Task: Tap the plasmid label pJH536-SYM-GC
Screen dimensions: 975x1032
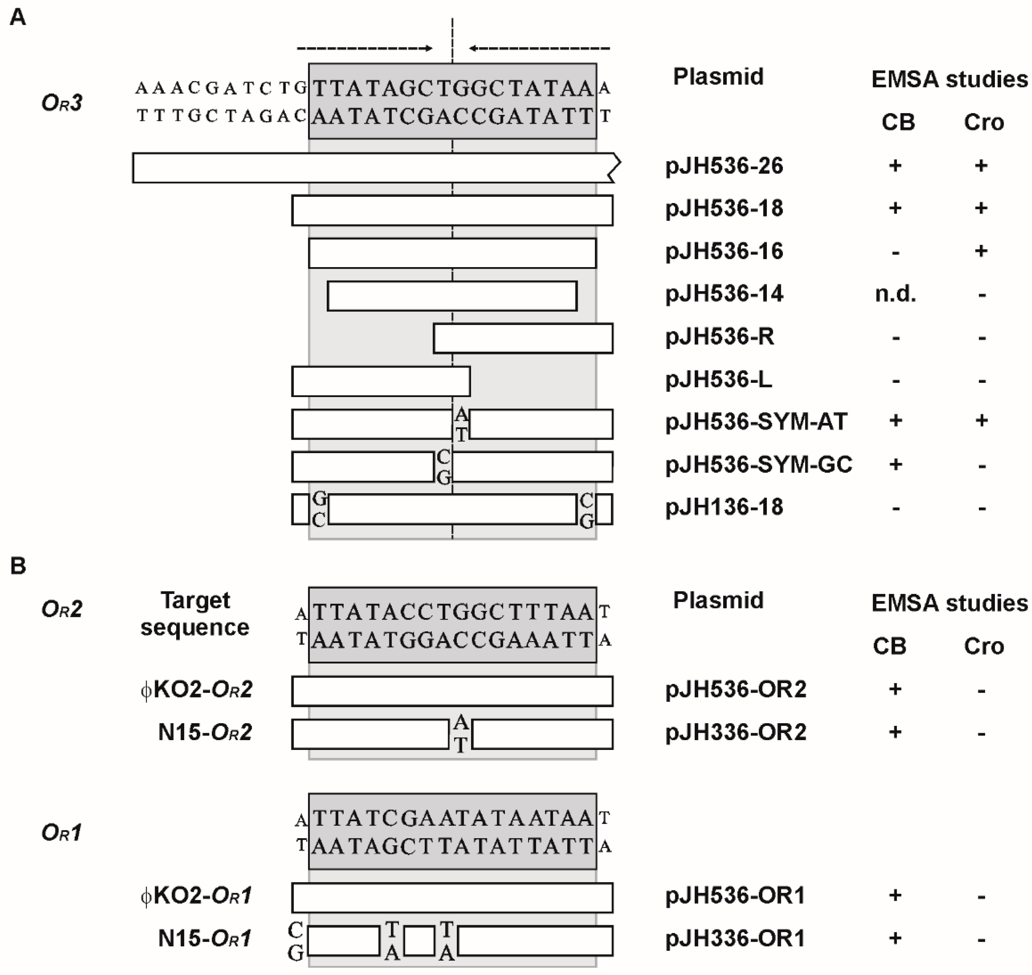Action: [759, 465]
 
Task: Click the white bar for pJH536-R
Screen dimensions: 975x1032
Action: [523, 338]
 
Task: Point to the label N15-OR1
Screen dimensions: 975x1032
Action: [205, 939]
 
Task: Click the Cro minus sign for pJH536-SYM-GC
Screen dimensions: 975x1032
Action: [981, 466]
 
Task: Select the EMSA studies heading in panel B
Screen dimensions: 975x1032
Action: [949, 603]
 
